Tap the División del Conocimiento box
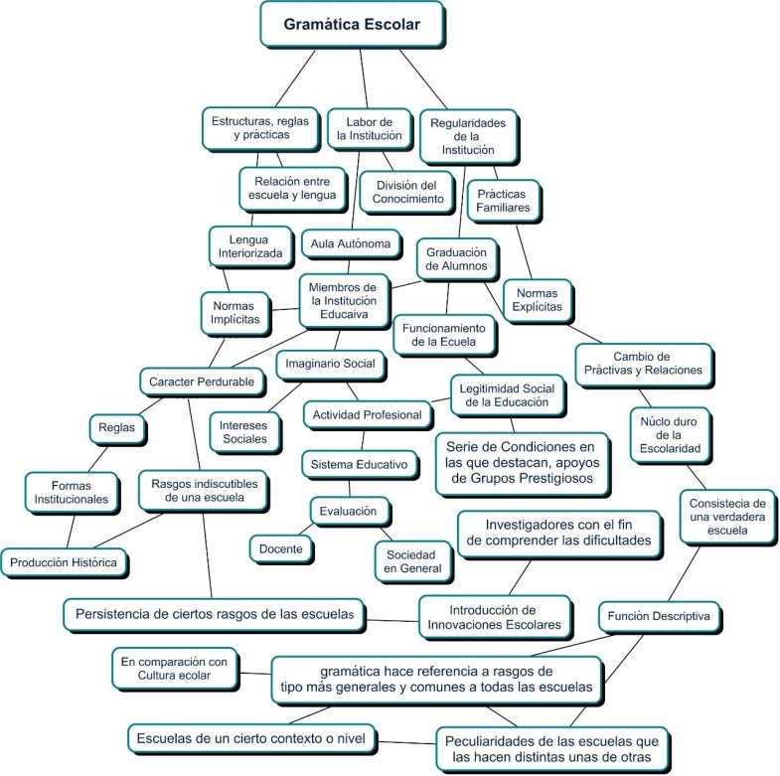[x=408, y=192]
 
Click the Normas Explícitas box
[x=539, y=300]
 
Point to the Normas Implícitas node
[x=235, y=312]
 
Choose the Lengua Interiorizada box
[x=249, y=245]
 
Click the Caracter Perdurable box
[x=202, y=381]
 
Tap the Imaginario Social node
[x=330, y=364]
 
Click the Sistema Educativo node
[x=359, y=464]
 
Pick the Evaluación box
[x=348, y=511]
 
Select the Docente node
[x=280, y=547]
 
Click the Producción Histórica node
[x=64, y=562]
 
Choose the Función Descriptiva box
[x=659, y=616]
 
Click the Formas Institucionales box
[x=67, y=492]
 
